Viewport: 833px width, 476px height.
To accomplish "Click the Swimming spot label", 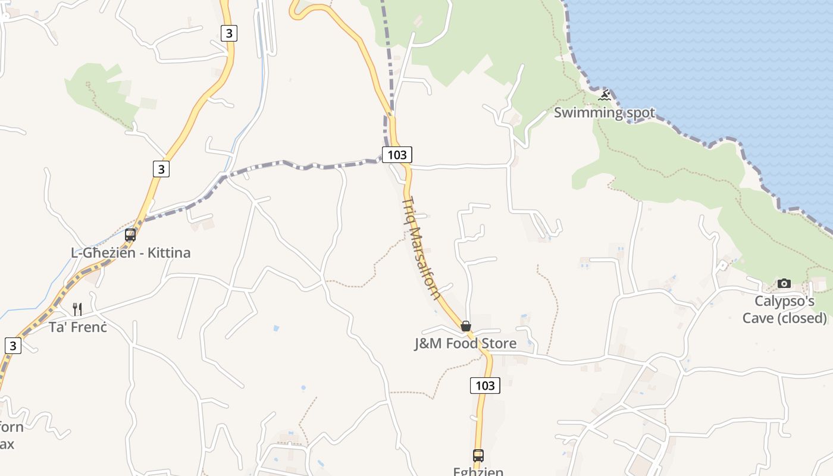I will [x=604, y=112].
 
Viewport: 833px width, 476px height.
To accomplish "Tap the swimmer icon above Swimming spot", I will [x=605, y=95].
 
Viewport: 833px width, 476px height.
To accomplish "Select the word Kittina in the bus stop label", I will [x=168, y=253].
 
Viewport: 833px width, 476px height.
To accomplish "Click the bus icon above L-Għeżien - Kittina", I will [x=130, y=235].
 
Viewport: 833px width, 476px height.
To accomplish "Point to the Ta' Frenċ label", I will [x=78, y=327].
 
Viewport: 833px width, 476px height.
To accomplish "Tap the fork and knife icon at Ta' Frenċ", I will [x=77, y=309].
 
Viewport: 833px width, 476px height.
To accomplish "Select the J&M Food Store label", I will [x=465, y=343].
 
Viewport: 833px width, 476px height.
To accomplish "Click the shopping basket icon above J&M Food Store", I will [x=466, y=326].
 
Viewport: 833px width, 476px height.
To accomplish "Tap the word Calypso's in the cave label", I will [x=784, y=301].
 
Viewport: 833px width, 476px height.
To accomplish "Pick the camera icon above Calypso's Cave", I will [x=784, y=283].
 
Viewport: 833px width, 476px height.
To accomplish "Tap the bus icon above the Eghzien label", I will [x=478, y=456].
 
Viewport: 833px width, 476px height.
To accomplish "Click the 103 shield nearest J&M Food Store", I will [x=485, y=386].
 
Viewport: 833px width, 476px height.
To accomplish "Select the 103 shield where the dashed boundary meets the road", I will [x=397, y=155].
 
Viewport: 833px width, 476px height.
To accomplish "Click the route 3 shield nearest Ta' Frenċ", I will [x=13, y=345].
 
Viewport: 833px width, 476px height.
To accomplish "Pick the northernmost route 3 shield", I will [x=228, y=33].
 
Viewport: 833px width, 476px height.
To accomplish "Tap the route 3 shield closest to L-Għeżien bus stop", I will [x=161, y=169].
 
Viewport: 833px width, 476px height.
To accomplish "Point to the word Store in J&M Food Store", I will [x=497, y=343].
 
